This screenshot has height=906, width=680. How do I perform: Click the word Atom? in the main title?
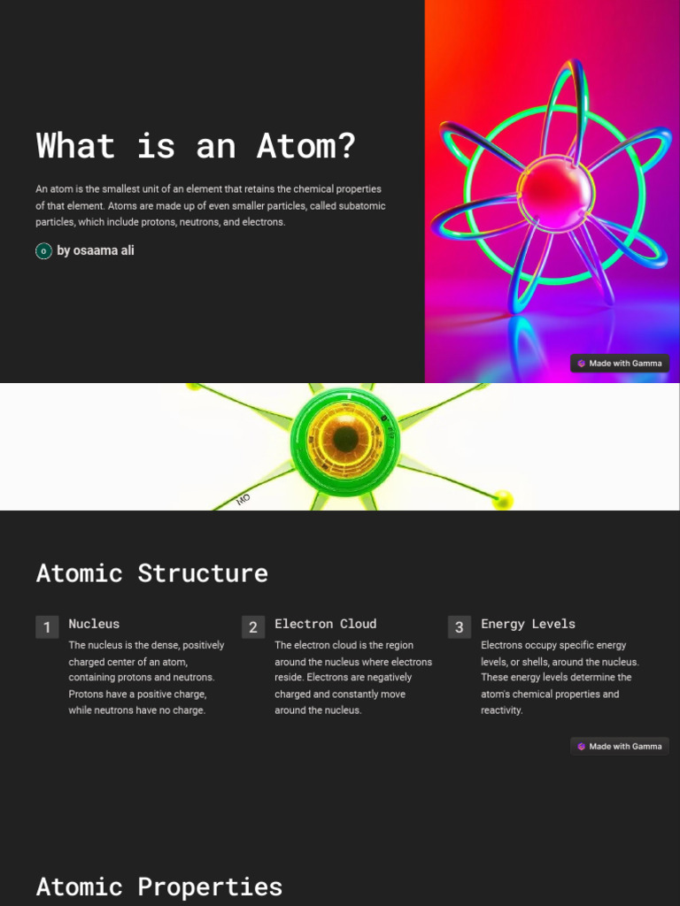pyautogui.click(x=306, y=146)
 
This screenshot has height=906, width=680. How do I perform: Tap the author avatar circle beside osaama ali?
pyautogui.click(x=43, y=251)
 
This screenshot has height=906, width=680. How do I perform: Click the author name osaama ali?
pyautogui.click(x=96, y=250)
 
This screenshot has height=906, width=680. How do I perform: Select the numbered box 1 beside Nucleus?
pyautogui.click(x=47, y=627)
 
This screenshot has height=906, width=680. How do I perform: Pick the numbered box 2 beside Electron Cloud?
pyautogui.click(x=253, y=627)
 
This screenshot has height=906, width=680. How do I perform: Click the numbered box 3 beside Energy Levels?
pyautogui.click(x=459, y=627)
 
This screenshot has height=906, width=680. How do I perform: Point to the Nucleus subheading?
pyautogui.click(x=94, y=624)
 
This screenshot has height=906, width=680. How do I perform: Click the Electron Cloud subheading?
pyautogui.click(x=325, y=624)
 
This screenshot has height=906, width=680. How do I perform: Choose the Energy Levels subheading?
pyautogui.click(x=528, y=624)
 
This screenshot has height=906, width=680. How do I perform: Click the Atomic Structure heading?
pyautogui.click(x=151, y=573)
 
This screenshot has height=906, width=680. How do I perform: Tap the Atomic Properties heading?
pyautogui.click(x=158, y=887)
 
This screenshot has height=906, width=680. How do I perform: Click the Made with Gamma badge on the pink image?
pyautogui.click(x=619, y=364)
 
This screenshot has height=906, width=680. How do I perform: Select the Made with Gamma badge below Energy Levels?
pyautogui.click(x=619, y=747)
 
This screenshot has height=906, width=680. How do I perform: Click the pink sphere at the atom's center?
pyautogui.click(x=555, y=188)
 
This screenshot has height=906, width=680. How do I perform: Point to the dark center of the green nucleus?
pyautogui.click(x=345, y=439)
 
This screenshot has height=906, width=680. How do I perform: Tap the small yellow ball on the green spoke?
pyautogui.click(x=503, y=500)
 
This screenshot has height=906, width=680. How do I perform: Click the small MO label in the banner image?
pyautogui.click(x=243, y=500)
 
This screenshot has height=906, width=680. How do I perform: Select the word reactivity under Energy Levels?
pyautogui.click(x=501, y=710)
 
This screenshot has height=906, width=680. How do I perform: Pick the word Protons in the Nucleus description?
pyautogui.click(x=87, y=695)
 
